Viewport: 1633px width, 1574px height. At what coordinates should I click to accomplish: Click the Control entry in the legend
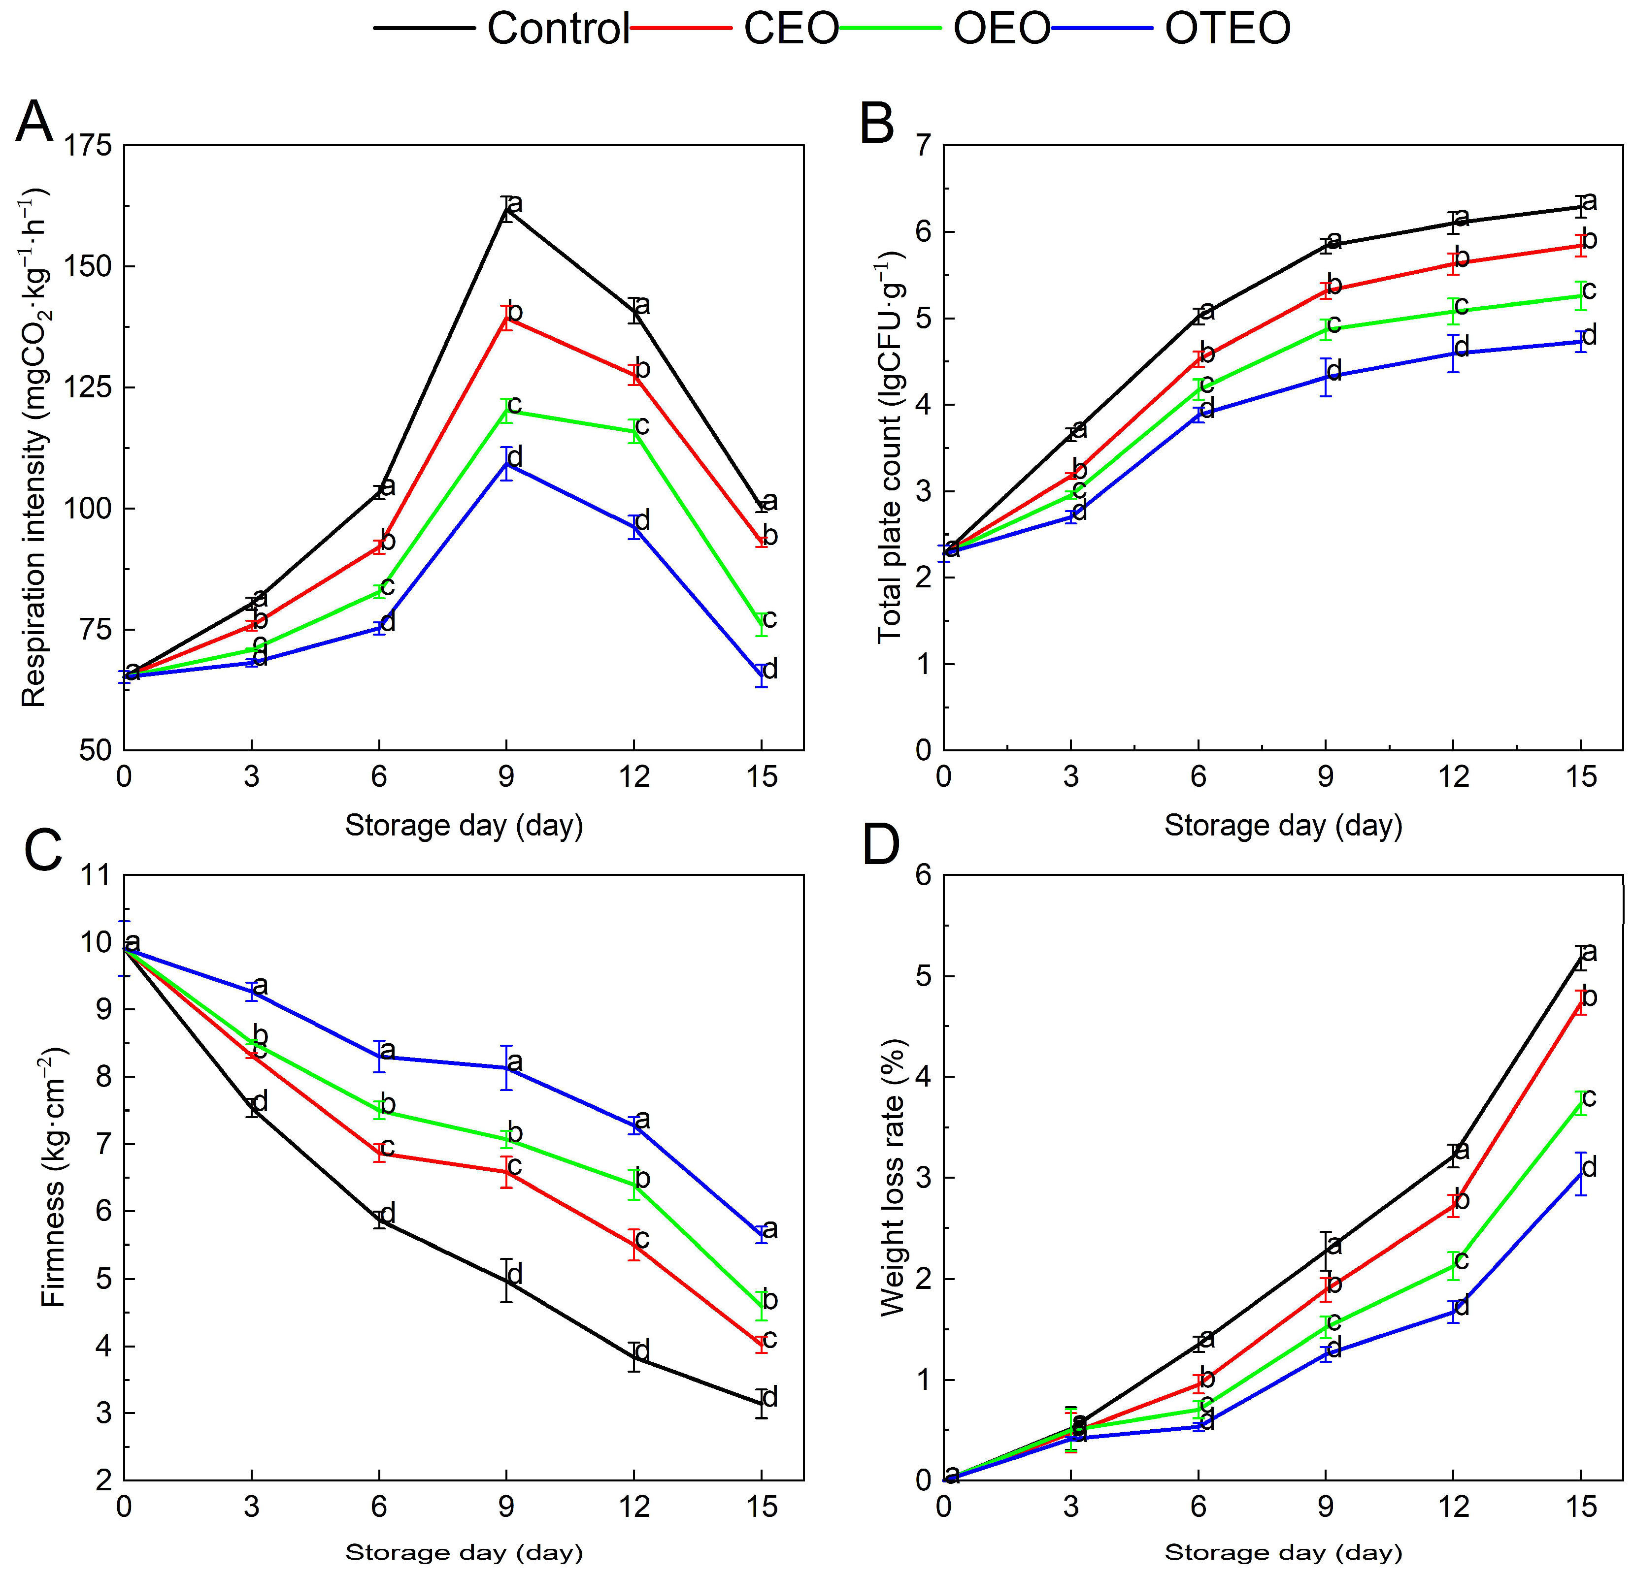pyautogui.click(x=557, y=29)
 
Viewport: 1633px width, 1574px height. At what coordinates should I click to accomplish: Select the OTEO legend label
pyautogui.click(x=1227, y=29)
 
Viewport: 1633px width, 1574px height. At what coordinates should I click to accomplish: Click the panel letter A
pyautogui.click(x=35, y=123)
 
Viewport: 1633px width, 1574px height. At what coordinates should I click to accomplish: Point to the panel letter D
pyautogui.click(x=881, y=847)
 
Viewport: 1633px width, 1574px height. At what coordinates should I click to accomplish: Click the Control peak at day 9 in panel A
pyautogui.click(x=506, y=210)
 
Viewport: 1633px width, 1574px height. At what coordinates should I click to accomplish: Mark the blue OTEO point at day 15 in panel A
pyautogui.click(x=761, y=675)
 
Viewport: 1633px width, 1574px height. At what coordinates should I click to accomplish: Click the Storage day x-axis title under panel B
pyautogui.click(x=1283, y=825)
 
